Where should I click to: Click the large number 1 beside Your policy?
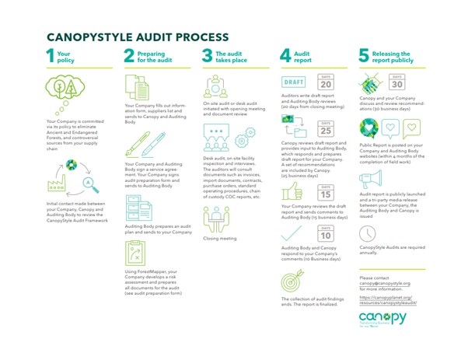pyautogui.click(x=51, y=55)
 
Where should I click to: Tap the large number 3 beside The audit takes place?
pyautogui.click(x=207, y=55)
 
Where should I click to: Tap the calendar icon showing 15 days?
pyautogui.click(x=326, y=194)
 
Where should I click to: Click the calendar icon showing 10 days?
pyautogui.click(x=326, y=232)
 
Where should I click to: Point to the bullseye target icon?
pyautogui.click(x=369, y=128)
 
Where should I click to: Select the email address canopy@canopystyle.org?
pyautogui.click(x=385, y=284)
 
